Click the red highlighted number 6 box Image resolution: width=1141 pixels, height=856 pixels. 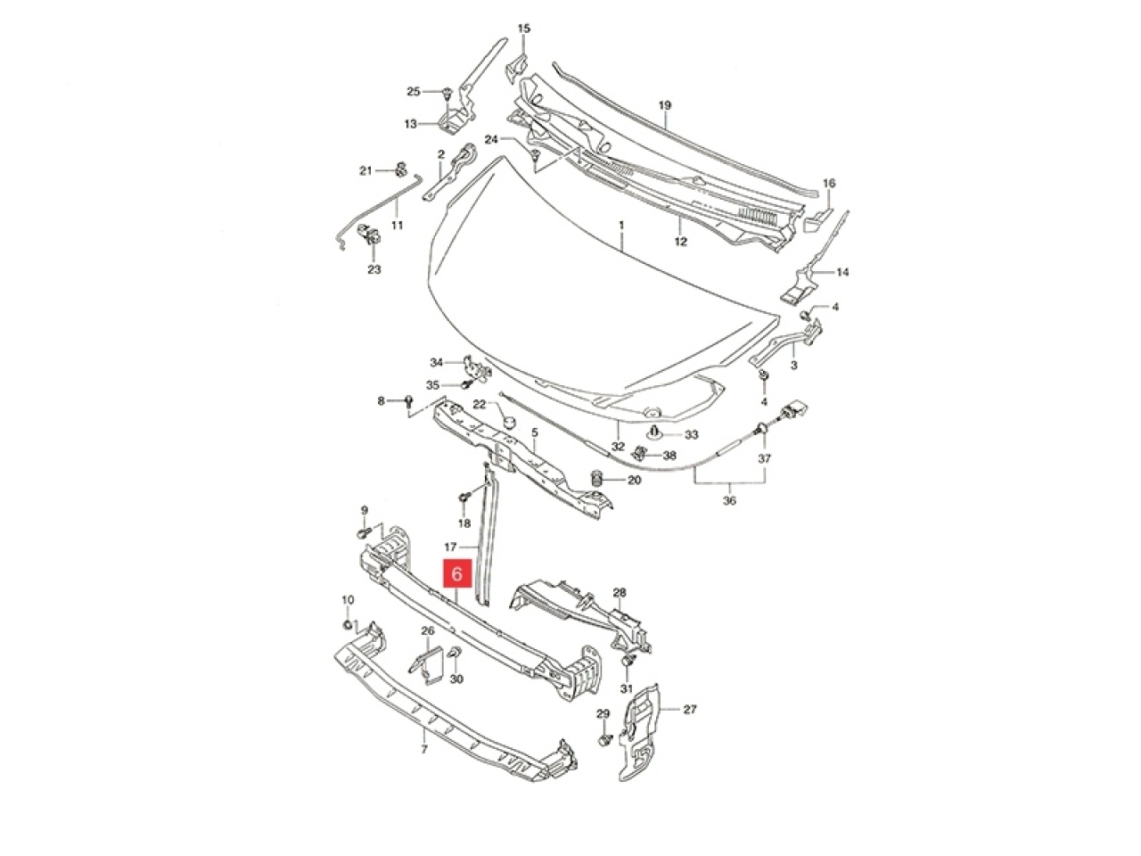click(456, 573)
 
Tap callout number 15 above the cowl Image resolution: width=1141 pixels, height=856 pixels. click(524, 29)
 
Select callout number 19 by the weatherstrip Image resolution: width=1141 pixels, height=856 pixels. click(665, 105)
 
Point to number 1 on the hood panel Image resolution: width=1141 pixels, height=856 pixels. click(621, 226)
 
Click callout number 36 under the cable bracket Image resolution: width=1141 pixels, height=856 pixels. click(729, 500)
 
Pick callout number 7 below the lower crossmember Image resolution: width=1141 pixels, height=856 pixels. click(424, 749)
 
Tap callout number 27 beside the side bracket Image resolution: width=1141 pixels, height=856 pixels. click(689, 709)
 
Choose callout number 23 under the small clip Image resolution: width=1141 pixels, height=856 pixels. click(374, 269)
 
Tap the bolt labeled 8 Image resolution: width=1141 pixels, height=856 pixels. click(409, 400)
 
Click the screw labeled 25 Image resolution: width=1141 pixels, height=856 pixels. click(447, 93)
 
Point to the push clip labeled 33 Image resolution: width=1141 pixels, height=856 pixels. click(654, 433)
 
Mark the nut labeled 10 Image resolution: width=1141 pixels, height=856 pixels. click(349, 623)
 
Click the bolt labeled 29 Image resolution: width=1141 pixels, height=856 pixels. click(605, 739)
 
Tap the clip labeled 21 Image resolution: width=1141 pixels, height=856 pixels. click(401, 169)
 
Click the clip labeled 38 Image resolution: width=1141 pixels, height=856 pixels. click(640, 453)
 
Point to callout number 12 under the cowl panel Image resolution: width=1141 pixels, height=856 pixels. click(680, 242)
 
